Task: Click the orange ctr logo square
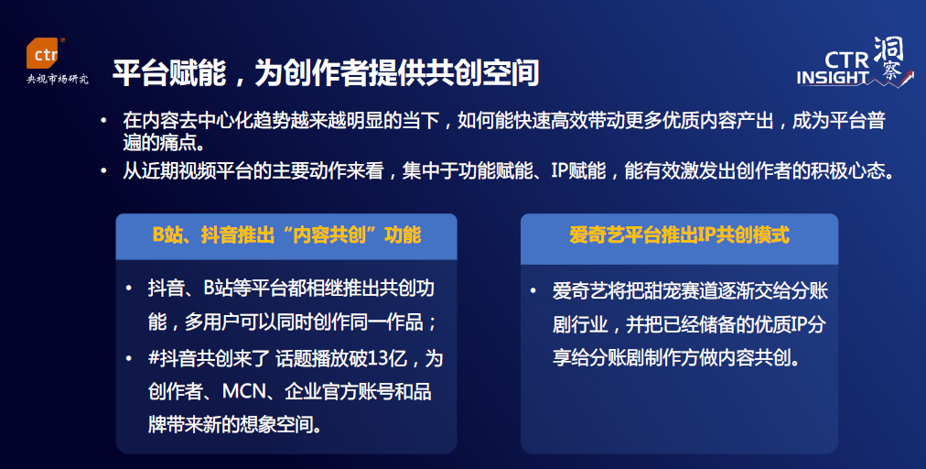44,55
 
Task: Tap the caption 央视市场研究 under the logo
58,80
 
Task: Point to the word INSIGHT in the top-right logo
833,78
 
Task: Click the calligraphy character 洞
888,49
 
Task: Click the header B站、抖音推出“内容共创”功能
286,235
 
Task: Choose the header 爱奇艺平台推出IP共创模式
679,235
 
